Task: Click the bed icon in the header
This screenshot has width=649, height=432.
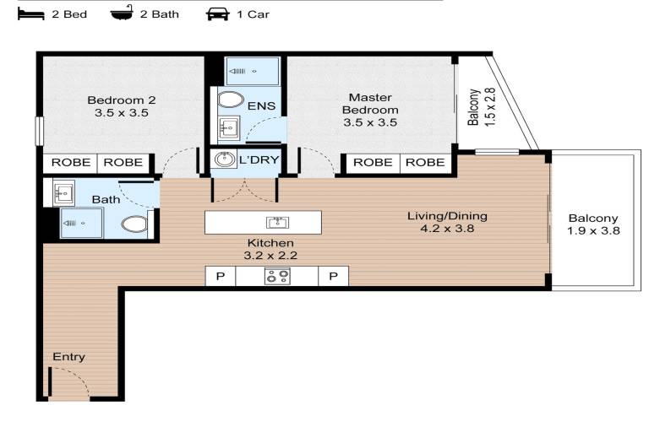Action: pos(31,14)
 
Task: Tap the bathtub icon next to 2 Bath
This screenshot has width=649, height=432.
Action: pos(122,13)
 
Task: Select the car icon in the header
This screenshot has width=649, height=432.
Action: pos(218,14)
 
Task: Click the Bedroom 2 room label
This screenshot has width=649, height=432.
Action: pos(122,100)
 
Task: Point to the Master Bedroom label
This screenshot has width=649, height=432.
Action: pos(370,104)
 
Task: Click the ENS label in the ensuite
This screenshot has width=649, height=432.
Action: pos(261,106)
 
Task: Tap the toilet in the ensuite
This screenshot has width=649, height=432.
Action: pos(231,100)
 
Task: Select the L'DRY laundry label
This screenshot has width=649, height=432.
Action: pos(259,159)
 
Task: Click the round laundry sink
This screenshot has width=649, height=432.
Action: pos(224,159)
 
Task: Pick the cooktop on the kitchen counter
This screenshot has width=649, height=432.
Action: pos(277,277)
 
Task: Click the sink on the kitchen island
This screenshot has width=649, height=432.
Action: pos(278,223)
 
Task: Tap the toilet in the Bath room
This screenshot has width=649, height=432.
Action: pos(134,224)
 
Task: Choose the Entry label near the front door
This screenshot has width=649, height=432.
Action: pos(68,357)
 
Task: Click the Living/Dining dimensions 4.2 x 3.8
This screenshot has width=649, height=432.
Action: pos(447,229)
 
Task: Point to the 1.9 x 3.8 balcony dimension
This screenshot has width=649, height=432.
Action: pos(593,231)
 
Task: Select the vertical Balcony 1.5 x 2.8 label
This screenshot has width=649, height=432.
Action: pos(482,107)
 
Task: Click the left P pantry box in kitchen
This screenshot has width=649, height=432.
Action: pos(221,276)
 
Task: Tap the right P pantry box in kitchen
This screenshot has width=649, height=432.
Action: pos(333,276)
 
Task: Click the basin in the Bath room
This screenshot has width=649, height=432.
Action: pos(63,192)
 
